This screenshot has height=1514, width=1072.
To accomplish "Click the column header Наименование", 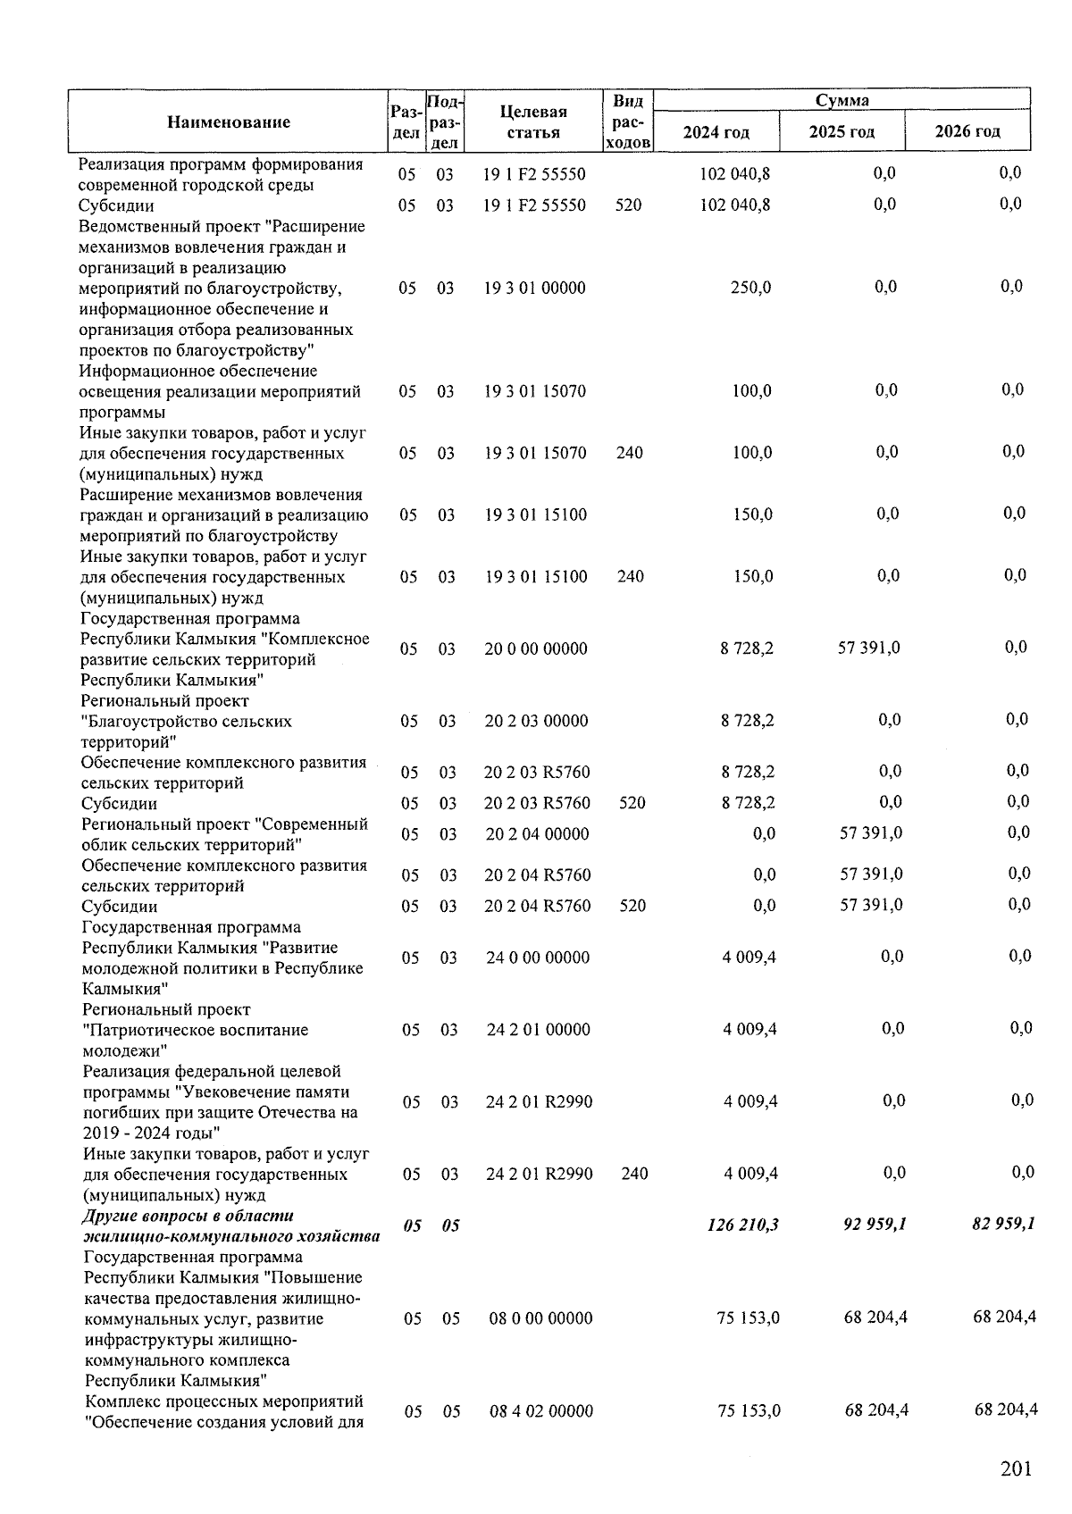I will pos(228,122).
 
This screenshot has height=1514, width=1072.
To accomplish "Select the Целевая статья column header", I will pos(533,122).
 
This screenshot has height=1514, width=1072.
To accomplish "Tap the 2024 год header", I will pos(716,132).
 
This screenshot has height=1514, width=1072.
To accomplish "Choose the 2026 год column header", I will pos(967,131).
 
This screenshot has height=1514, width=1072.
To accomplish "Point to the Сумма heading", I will pos(842,100).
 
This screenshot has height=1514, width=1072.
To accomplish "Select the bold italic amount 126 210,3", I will pos(741,1225).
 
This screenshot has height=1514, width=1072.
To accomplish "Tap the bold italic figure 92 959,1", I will pos(875,1224).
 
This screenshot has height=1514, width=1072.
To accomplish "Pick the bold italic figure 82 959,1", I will pos(1003,1223).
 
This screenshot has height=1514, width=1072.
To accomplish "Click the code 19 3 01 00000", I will pos(535,288).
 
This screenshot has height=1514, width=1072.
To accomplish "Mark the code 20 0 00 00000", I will pos(536,649).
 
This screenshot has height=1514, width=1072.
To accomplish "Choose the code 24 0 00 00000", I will pos(538,958).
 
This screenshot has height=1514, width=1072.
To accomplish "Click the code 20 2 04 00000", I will pos(537,834).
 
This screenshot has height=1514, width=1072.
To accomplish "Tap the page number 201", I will pos(1016,1469).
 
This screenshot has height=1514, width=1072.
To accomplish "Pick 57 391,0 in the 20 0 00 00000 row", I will pos(868,648).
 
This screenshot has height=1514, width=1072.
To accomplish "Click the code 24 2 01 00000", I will pos(538,1030).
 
